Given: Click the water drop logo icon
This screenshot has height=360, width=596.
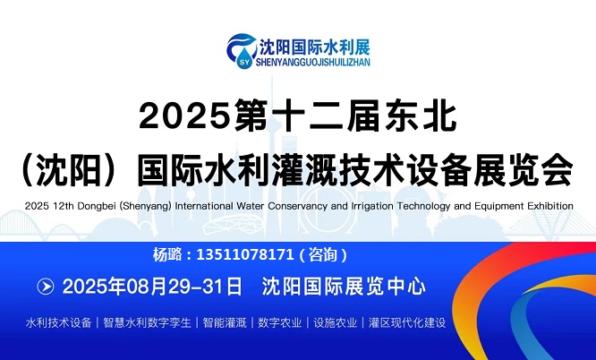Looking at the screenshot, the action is (x=242, y=51).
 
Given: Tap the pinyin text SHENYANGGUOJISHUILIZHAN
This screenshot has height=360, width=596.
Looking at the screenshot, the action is (x=313, y=62).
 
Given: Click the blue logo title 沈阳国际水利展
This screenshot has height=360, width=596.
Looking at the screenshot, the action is (x=315, y=47).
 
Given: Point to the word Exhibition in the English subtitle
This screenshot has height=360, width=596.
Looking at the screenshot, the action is (x=550, y=206).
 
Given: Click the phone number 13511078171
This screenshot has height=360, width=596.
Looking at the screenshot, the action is (x=245, y=254).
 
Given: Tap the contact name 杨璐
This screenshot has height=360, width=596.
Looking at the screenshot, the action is (x=167, y=254).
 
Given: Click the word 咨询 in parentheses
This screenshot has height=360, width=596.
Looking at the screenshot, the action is (x=323, y=254).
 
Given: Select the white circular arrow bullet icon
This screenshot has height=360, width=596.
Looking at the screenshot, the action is (x=46, y=287).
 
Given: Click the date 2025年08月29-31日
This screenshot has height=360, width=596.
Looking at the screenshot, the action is (x=152, y=287).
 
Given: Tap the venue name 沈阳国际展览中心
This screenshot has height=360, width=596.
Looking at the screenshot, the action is (x=344, y=287).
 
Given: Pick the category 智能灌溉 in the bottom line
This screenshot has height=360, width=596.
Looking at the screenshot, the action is (x=225, y=322).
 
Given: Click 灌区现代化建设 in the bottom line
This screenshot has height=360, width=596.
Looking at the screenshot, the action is (x=406, y=322).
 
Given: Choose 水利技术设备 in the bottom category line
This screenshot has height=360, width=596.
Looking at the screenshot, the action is (x=58, y=322).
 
